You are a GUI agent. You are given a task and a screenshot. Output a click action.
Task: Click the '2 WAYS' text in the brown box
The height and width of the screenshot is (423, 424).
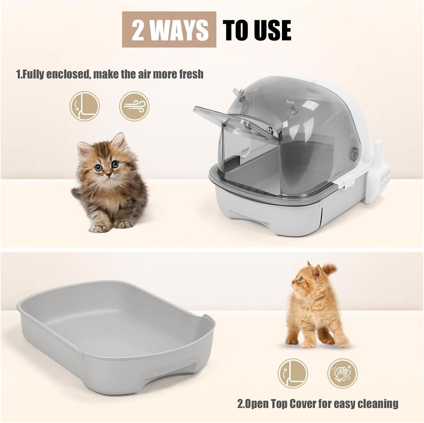(x=169, y=30)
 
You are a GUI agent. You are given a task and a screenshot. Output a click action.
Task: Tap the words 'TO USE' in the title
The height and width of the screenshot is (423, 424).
(x=257, y=30)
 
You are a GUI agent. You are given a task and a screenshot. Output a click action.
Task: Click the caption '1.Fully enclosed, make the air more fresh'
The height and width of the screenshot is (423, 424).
(x=110, y=74)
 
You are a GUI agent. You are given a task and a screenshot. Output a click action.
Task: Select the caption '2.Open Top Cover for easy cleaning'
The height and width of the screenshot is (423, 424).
(x=318, y=403)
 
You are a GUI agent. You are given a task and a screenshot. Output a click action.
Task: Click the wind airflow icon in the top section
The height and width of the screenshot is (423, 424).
(x=134, y=106)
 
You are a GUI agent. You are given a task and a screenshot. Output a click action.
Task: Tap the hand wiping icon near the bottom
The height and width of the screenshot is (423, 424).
(x=342, y=373)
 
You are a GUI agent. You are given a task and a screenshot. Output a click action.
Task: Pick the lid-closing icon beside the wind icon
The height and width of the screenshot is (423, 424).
(x=85, y=106)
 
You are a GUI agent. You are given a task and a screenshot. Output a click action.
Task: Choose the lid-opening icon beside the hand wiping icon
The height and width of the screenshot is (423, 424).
(x=293, y=373)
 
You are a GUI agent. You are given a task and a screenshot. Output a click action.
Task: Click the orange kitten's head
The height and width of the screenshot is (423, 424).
(x=307, y=277)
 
